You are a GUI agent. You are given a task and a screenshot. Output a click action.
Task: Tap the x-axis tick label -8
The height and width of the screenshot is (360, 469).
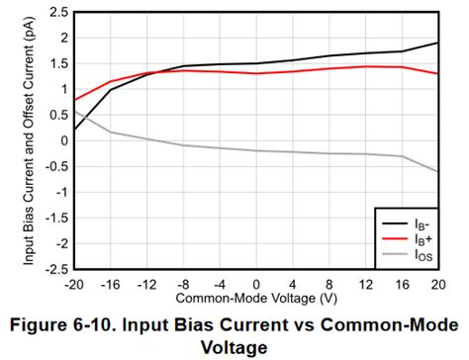(184, 282)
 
